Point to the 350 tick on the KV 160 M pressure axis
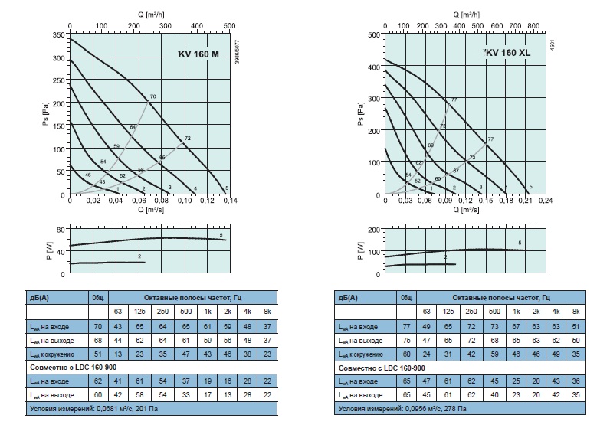(x=58, y=35)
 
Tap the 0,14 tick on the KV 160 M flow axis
(x=229, y=201)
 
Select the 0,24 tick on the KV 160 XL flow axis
(x=546, y=201)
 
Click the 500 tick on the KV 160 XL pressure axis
(x=374, y=34)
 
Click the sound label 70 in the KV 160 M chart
(x=153, y=96)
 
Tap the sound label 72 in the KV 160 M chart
(x=186, y=139)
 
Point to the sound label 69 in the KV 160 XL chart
(x=431, y=145)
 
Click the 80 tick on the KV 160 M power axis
(x=61, y=229)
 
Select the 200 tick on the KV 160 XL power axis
(x=373, y=229)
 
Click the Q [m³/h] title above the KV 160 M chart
(x=149, y=14)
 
